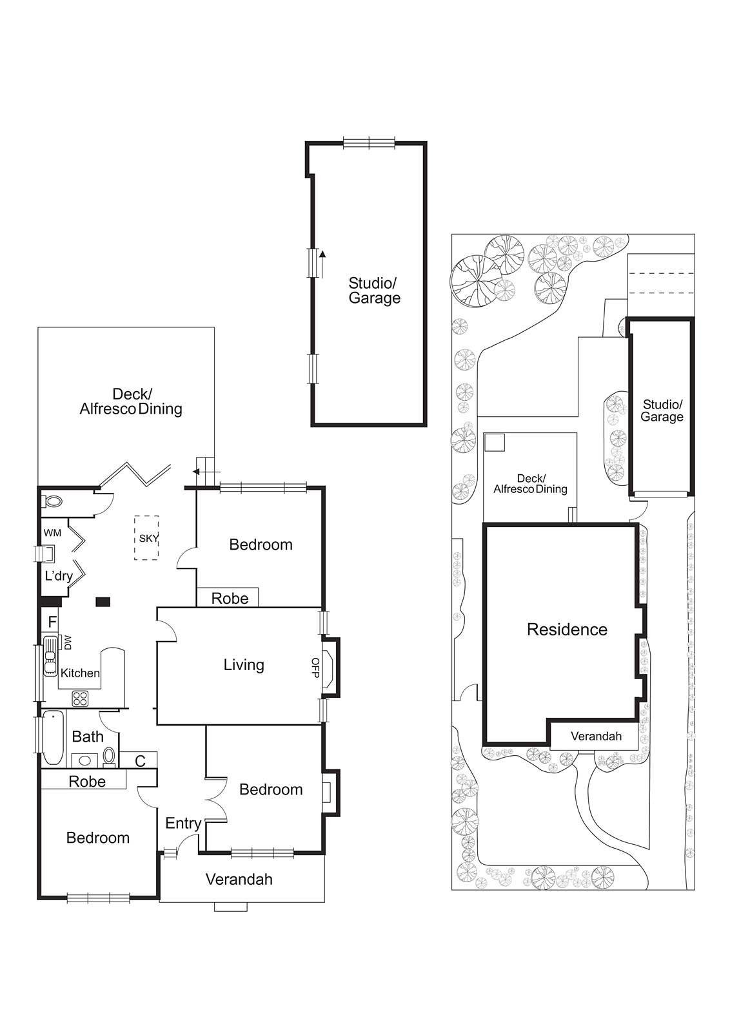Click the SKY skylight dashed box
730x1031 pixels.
[x=146, y=538]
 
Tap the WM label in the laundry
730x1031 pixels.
[x=52, y=533]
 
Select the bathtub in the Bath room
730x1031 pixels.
[x=52, y=737]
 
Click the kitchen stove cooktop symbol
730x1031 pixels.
[x=81, y=698]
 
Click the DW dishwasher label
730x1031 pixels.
[x=67, y=642]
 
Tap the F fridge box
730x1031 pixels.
[x=53, y=622]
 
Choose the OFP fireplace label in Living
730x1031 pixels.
[x=315, y=667]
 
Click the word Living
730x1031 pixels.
[x=244, y=665]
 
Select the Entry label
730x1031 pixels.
[x=183, y=823]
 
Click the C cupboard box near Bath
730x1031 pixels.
[x=140, y=761]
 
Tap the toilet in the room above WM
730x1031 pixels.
[x=54, y=501]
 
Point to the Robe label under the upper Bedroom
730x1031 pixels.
[x=230, y=599]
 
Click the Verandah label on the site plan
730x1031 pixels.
[x=596, y=736]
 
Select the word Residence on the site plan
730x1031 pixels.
[x=567, y=630]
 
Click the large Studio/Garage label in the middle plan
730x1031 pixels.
[x=374, y=290]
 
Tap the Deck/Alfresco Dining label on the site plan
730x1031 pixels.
[x=530, y=484]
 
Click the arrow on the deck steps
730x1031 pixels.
[x=197, y=472]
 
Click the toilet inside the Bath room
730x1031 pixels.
[x=110, y=755]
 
